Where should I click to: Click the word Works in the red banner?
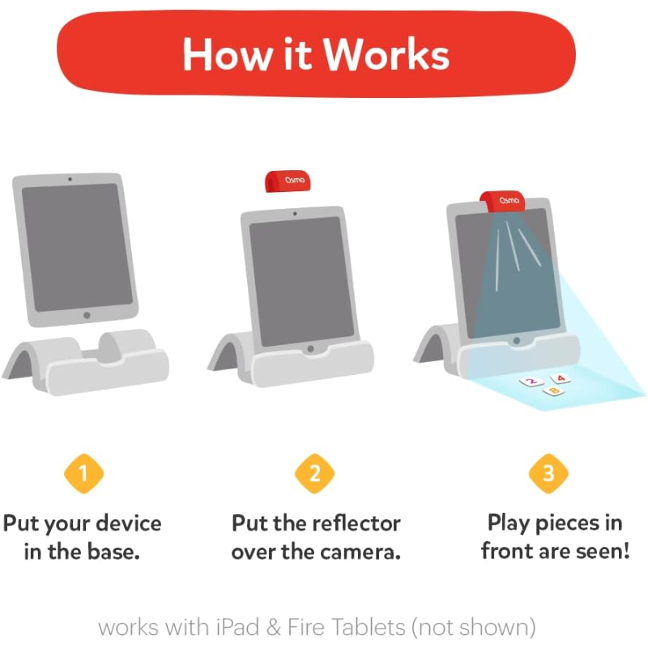tap(386, 55)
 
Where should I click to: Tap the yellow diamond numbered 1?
tap(84, 474)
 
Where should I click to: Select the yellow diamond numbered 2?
tap(314, 474)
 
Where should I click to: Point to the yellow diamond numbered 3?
tap(549, 474)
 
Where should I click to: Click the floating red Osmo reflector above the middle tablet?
tap(288, 181)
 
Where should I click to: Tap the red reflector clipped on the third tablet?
tap(502, 201)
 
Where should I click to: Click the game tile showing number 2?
tap(531, 382)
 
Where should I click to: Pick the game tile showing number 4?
tap(561, 378)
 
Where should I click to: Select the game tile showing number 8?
tap(554, 390)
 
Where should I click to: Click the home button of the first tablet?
tap(87, 315)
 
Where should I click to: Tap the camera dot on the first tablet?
tap(70, 179)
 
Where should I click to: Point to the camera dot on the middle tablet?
tap(295, 214)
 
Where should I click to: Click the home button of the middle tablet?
tap(310, 349)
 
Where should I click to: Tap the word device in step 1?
tap(128, 523)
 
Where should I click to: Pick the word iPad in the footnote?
tap(237, 627)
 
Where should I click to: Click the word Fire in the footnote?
tap(306, 627)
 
